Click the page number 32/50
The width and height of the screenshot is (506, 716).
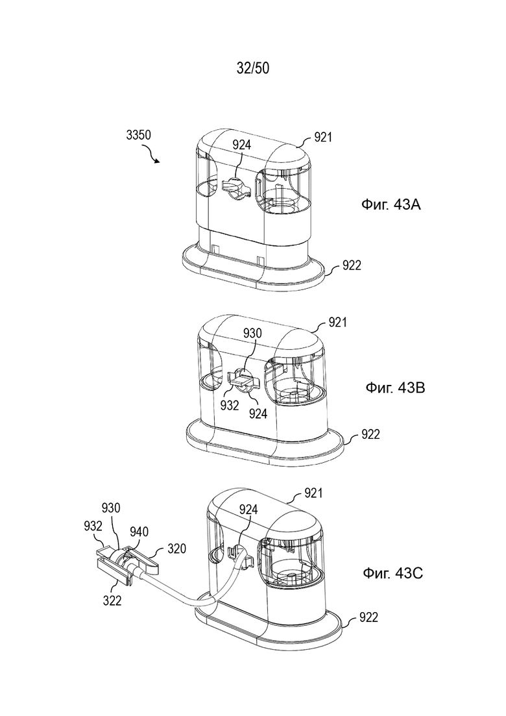pos(253,68)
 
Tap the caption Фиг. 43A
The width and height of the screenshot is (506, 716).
pos(391,204)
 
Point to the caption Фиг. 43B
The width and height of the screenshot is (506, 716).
pos(395,388)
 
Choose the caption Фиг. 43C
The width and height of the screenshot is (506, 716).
pos(393,573)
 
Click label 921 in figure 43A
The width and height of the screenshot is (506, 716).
pos(323,137)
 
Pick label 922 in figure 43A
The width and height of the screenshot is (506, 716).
pos(352,265)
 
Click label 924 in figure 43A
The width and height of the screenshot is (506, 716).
pos(241,145)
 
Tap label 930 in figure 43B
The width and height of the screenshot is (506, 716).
pos(252,334)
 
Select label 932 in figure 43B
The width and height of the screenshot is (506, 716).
pos(230,405)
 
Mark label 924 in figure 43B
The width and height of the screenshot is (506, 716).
pos(258,414)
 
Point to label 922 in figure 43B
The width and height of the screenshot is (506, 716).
pos(370,434)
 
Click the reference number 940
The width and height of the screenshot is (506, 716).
pos(139,532)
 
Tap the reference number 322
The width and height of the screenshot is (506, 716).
pos(112,601)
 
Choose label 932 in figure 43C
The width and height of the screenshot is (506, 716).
pos(93,526)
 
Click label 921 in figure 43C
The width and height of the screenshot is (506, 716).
pos(313,493)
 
